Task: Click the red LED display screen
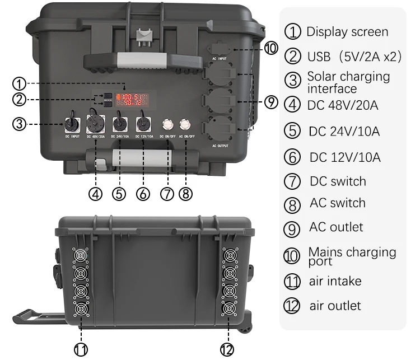pyautogui.click(x=132, y=100)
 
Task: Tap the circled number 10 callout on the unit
pyautogui.click(x=270, y=48)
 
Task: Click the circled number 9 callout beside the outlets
pyautogui.click(x=270, y=102)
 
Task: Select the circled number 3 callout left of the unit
pyautogui.click(x=20, y=124)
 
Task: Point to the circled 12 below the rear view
pyautogui.click(x=226, y=349)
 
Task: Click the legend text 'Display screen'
pyautogui.click(x=347, y=31)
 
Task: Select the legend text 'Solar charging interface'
pyautogui.click(x=348, y=82)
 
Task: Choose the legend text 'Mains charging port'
pyautogui.click(x=352, y=256)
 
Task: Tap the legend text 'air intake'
pyautogui.click(x=335, y=281)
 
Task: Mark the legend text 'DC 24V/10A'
pyautogui.click(x=344, y=132)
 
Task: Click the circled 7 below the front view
pyautogui.click(x=167, y=194)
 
